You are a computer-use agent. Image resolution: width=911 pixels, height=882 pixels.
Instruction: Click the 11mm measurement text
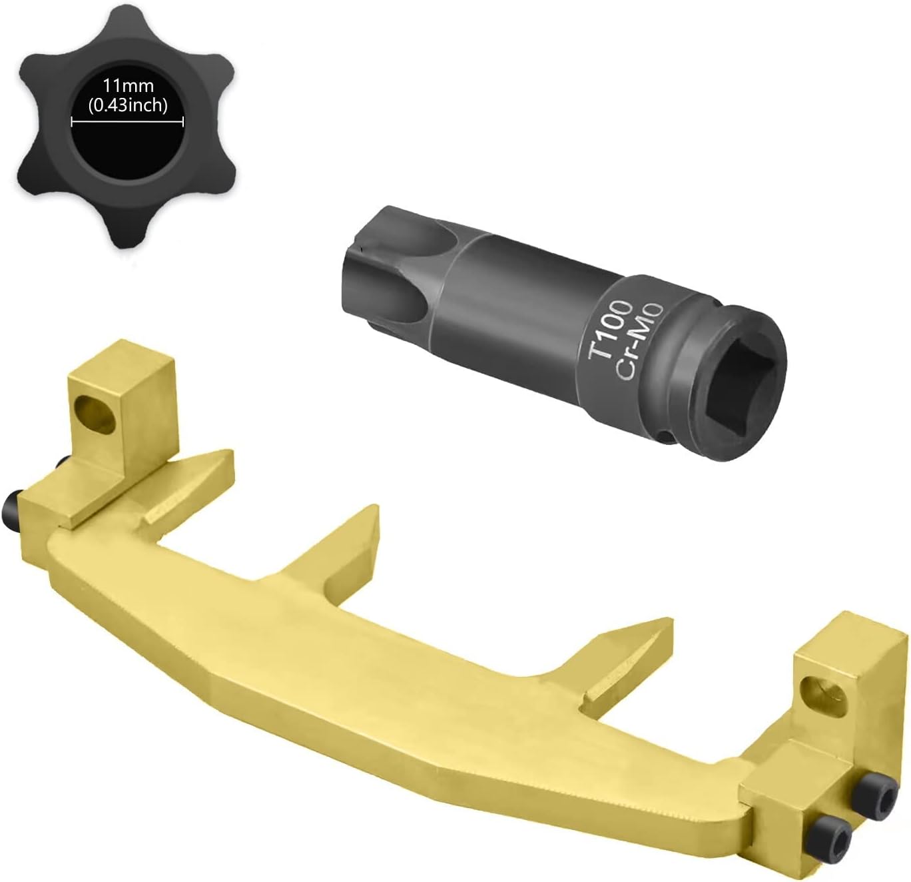pos(128,86)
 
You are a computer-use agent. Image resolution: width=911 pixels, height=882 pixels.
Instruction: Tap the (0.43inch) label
pos(128,105)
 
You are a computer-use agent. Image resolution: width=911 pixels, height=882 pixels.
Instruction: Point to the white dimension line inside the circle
pos(127,122)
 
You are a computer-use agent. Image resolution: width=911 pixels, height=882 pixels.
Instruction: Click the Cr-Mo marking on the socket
pos(639,340)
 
